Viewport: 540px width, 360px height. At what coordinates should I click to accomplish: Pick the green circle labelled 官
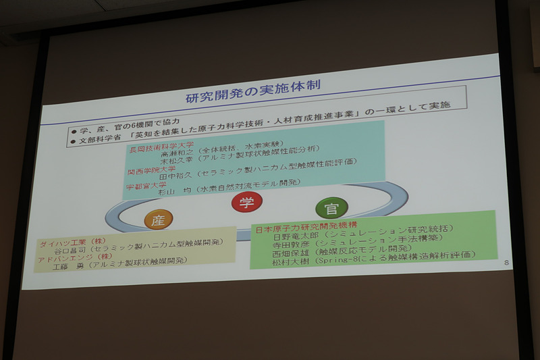[331, 207]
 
